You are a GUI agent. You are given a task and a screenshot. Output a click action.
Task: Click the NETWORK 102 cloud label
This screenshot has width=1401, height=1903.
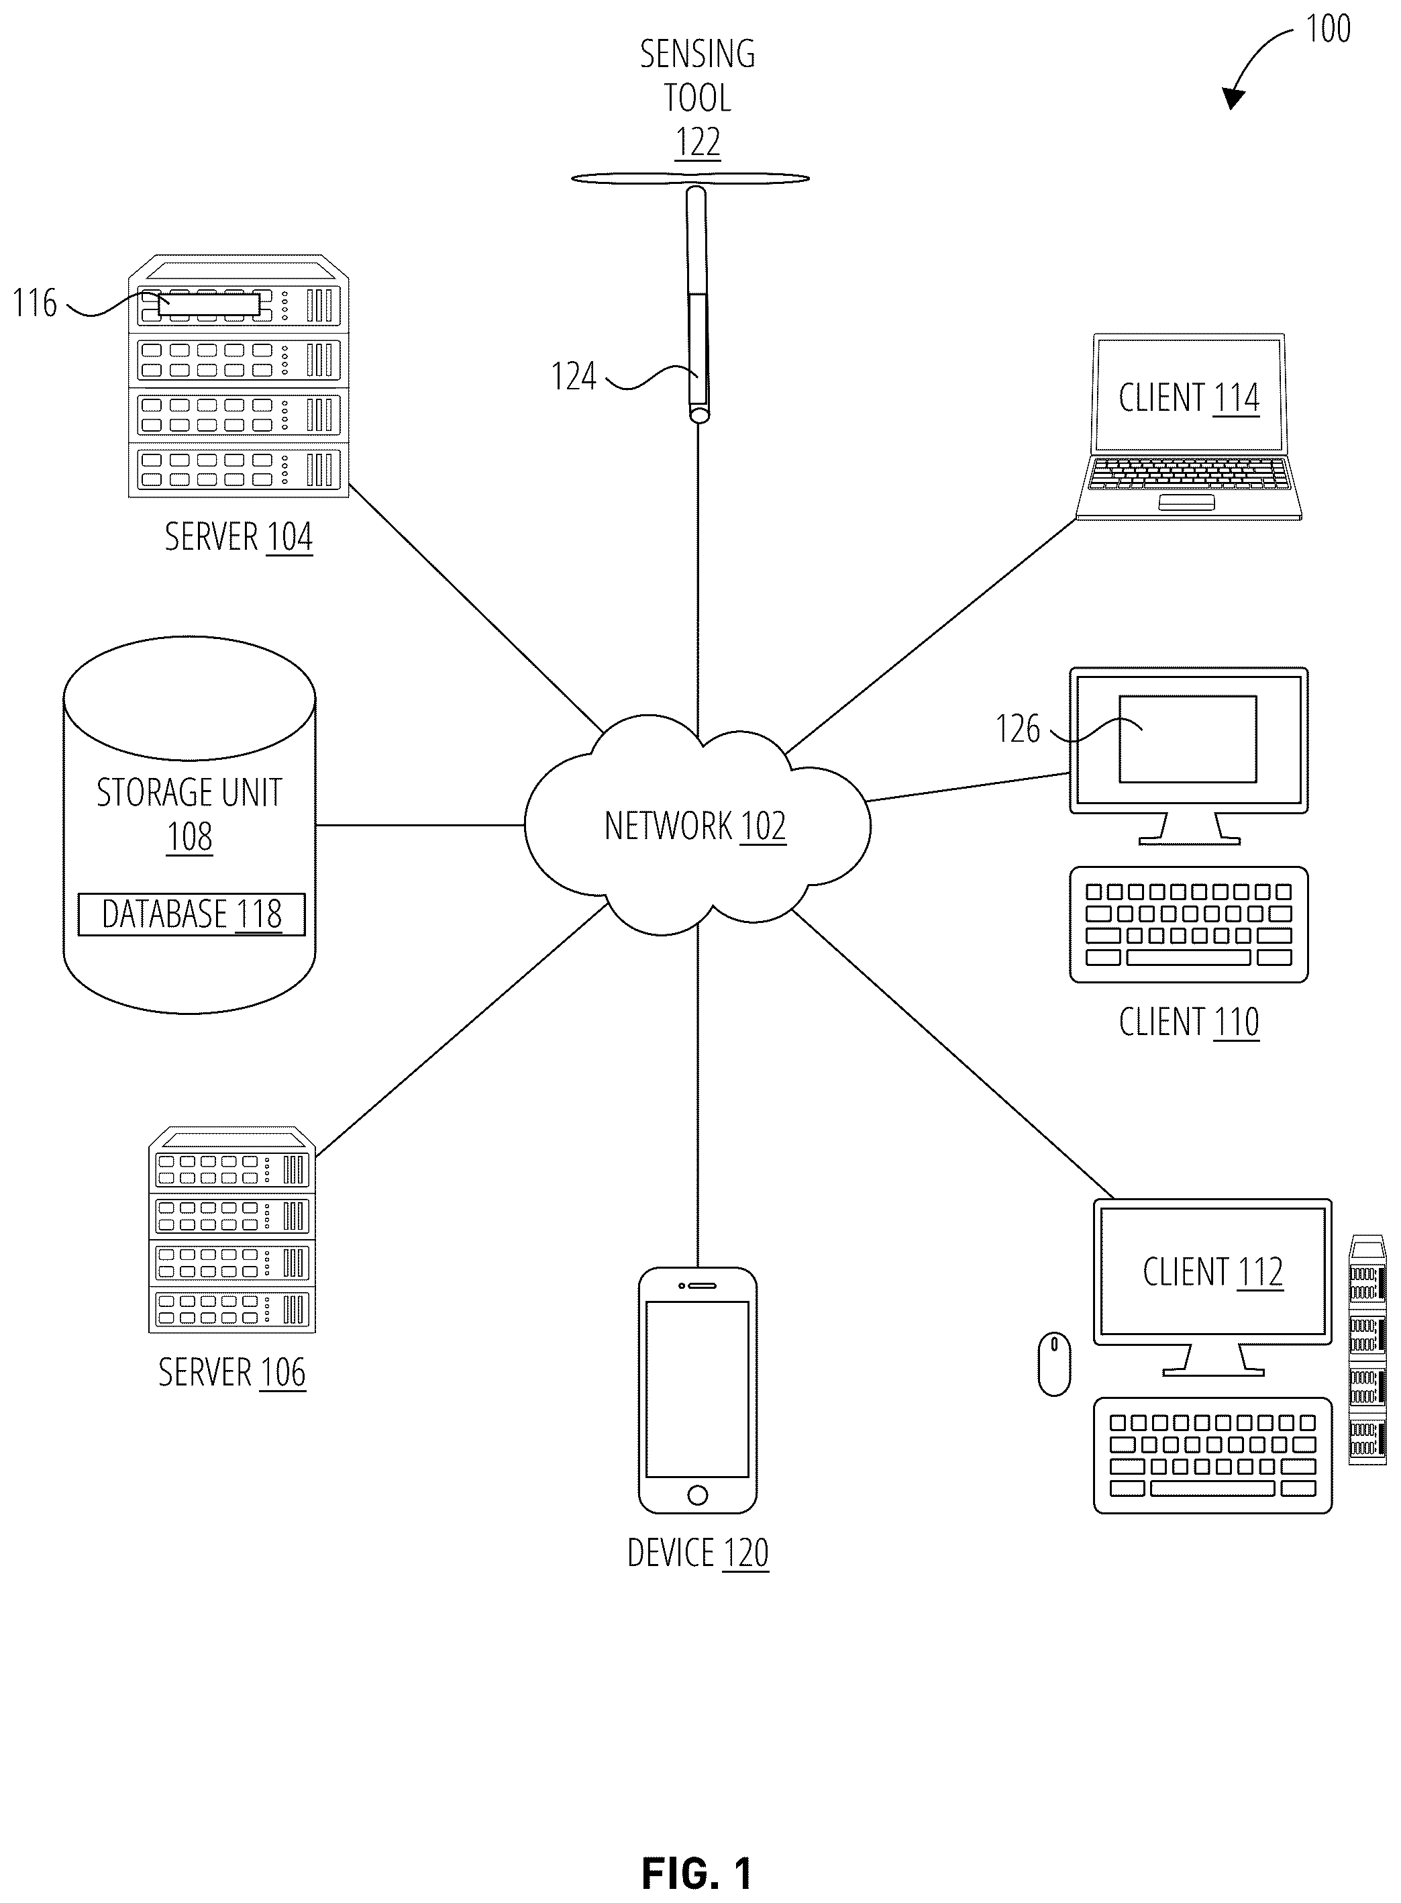695,826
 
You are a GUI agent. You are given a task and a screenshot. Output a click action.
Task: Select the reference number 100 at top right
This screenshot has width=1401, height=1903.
1328,29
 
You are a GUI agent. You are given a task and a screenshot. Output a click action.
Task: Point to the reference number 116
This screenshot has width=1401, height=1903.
35,303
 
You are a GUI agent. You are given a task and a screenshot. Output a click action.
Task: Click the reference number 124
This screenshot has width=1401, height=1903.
574,376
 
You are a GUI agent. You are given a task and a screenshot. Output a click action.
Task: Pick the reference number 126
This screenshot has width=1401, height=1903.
1018,729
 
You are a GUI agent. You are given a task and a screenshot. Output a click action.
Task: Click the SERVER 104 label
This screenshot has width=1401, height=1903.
238,536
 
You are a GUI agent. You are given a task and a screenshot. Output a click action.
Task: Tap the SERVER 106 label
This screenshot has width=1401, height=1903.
231,1372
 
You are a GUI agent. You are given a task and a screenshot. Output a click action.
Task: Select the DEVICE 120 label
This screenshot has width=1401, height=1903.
698,1553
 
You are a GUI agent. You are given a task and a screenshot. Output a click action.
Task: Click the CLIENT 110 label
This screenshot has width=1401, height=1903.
1189,1022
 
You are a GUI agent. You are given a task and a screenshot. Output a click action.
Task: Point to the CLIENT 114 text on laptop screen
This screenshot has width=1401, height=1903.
1189,397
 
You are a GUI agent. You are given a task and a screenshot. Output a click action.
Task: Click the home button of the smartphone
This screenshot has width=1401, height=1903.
697,1495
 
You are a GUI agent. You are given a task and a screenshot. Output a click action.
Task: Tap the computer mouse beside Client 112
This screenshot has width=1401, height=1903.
1054,1363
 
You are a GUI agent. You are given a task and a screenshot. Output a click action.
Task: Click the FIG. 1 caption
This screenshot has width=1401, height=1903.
697,1851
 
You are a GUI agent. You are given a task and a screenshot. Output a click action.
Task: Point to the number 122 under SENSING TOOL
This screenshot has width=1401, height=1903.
698,142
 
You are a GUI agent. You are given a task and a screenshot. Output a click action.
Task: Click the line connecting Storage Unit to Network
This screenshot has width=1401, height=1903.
420,825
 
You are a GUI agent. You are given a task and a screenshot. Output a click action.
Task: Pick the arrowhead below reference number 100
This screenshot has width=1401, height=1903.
1233,97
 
